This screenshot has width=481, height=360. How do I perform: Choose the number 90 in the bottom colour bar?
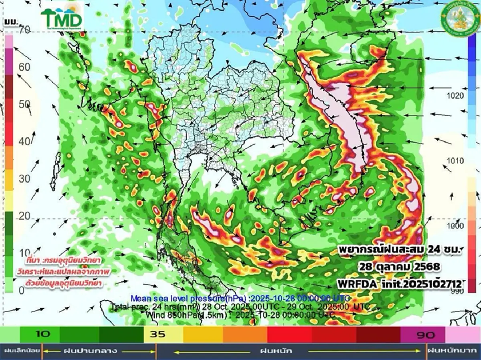click(426, 334)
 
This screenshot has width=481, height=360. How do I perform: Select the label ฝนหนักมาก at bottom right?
click(453, 351)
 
